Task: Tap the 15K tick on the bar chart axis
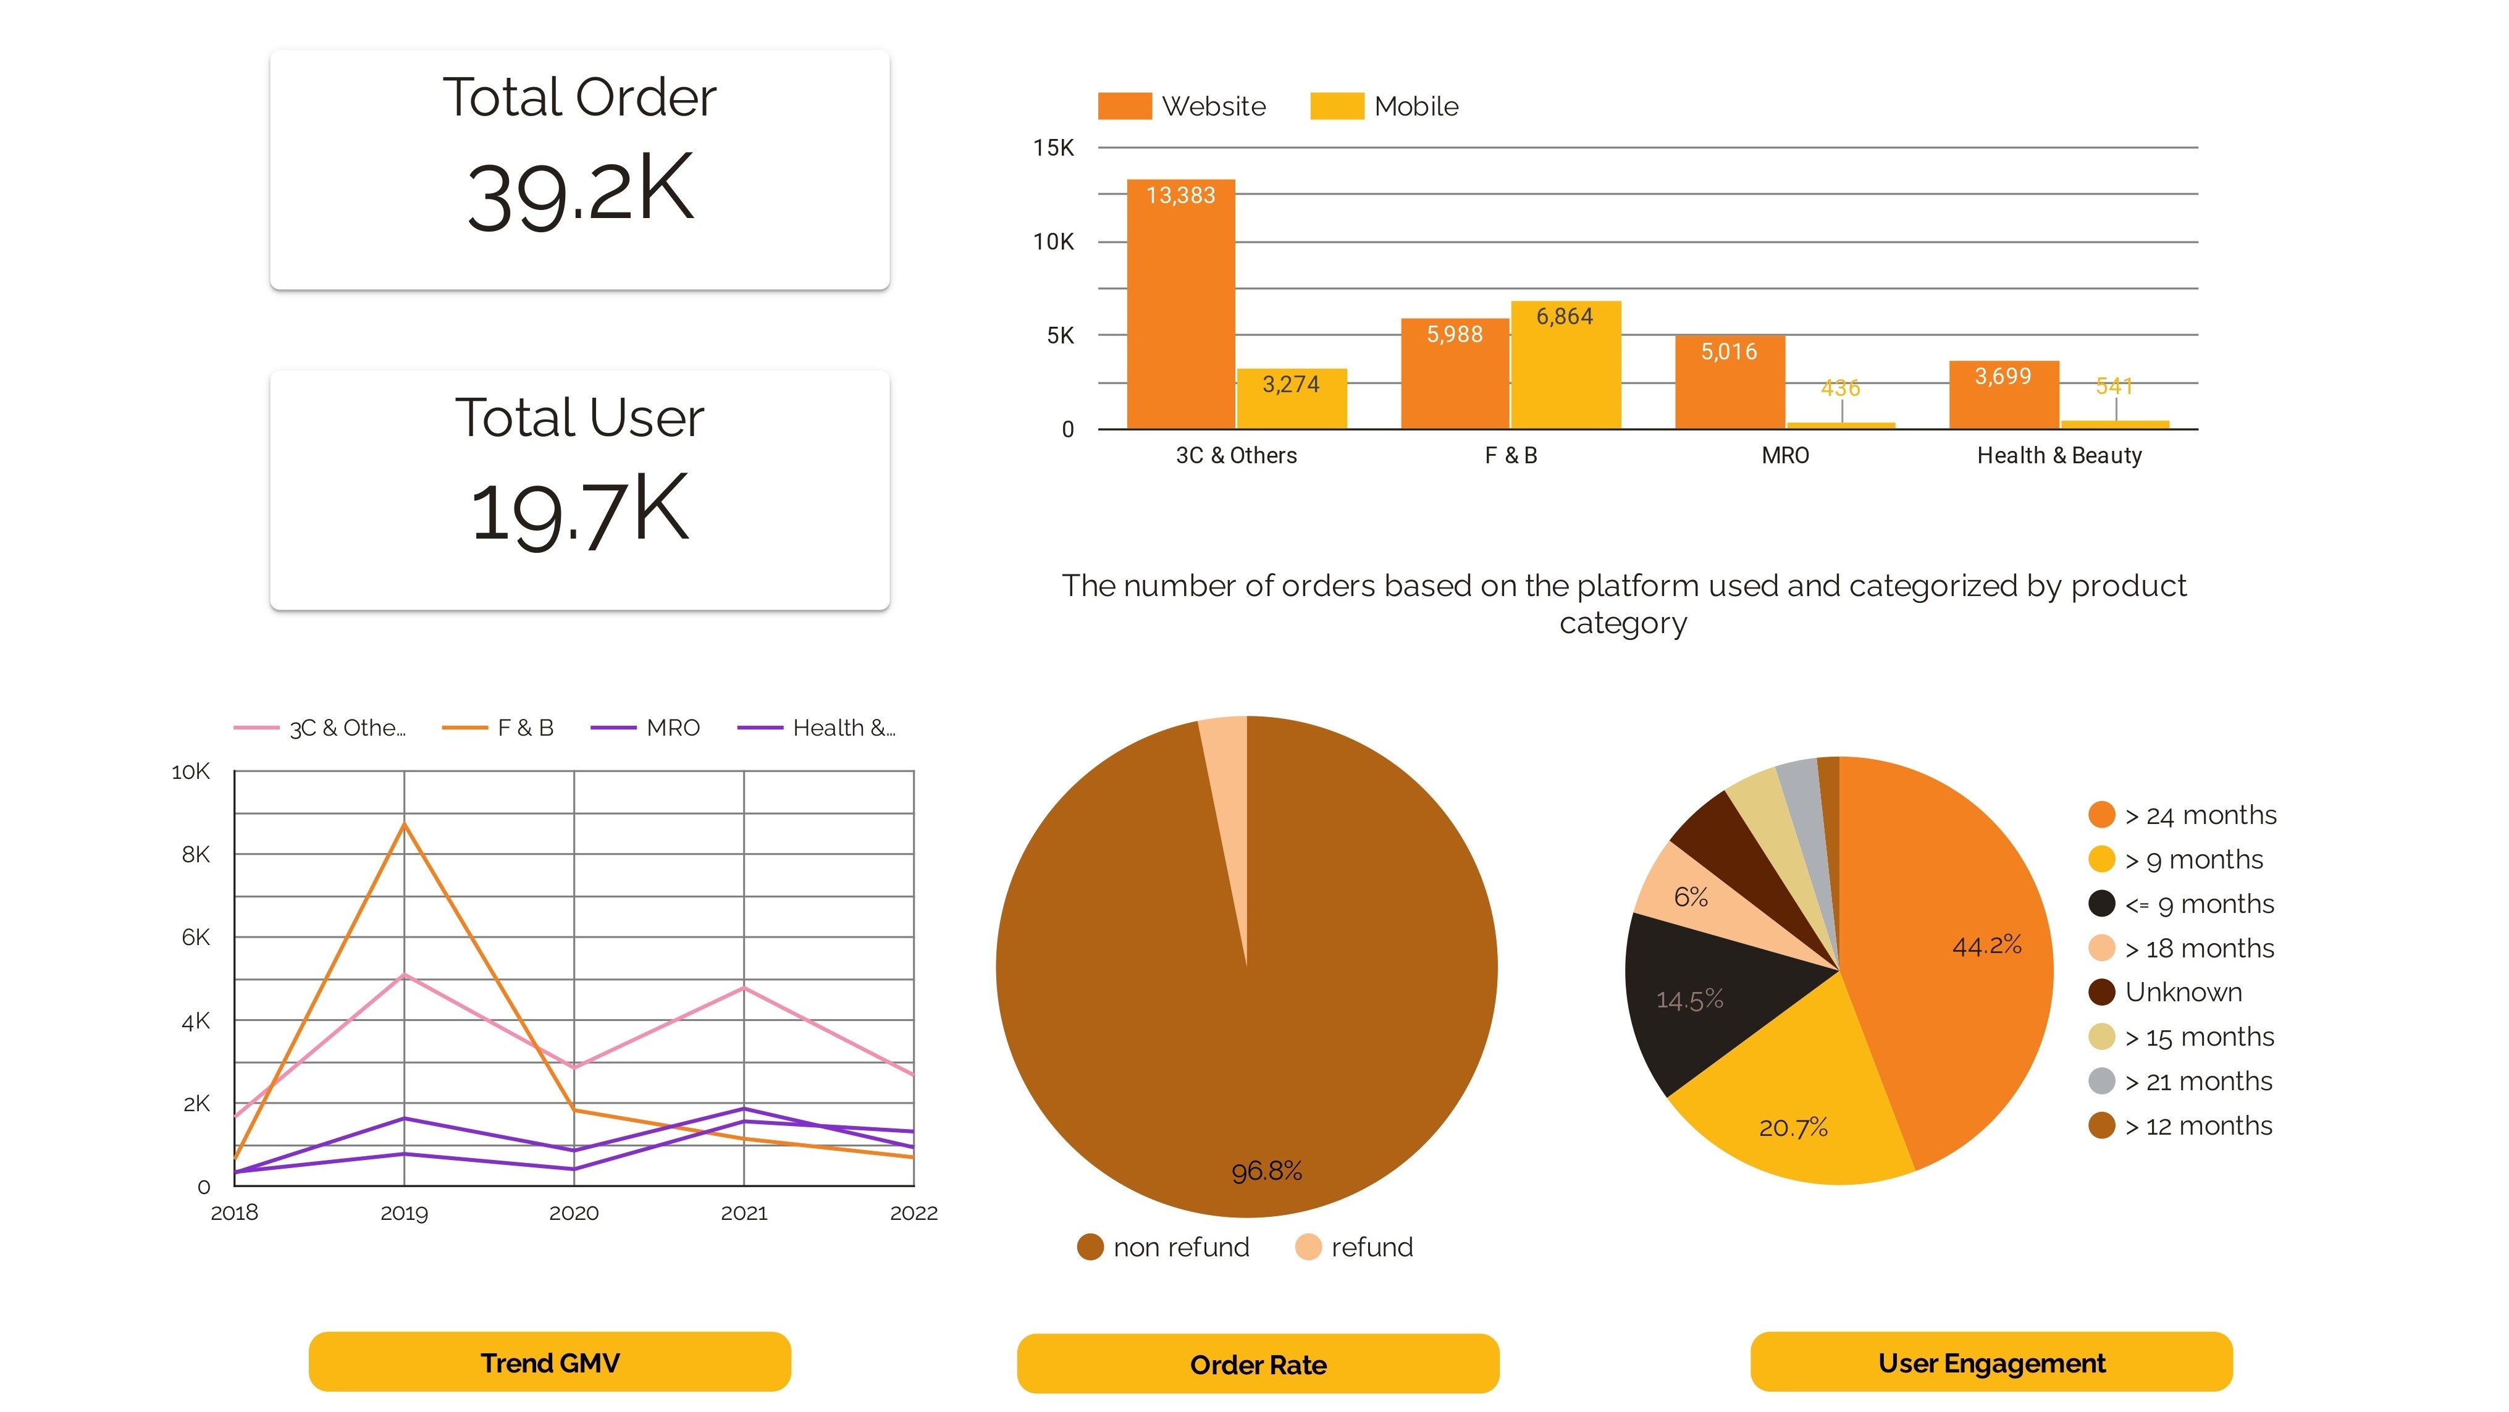click(x=1053, y=148)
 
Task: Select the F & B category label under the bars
click(x=1511, y=456)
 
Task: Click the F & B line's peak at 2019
click(x=404, y=825)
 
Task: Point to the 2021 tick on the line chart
click(x=744, y=1213)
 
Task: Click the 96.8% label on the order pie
click(x=1266, y=1170)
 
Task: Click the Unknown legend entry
click(x=2182, y=993)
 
